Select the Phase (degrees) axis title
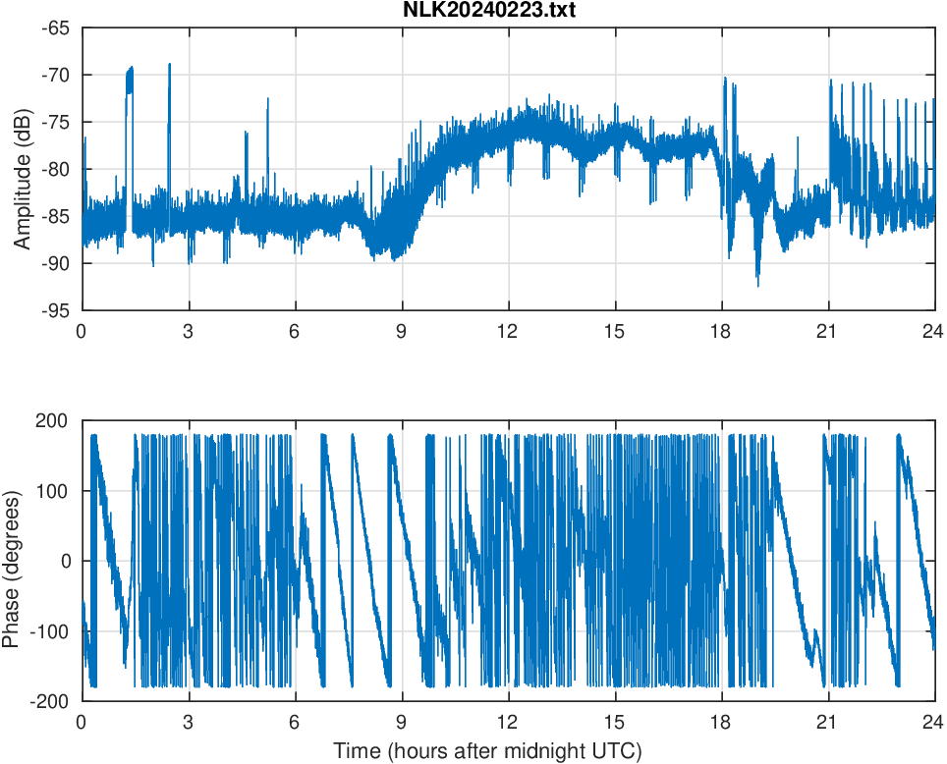tap(12, 561)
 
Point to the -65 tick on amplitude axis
tap(55, 27)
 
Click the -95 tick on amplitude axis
tap(55, 310)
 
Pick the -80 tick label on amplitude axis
tap(55, 169)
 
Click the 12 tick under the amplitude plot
tap(508, 331)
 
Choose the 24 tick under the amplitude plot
tap(934, 331)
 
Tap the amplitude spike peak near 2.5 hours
tap(169, 64)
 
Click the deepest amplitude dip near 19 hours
tap(757, 286)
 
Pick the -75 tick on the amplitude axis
tap(55, 122)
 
